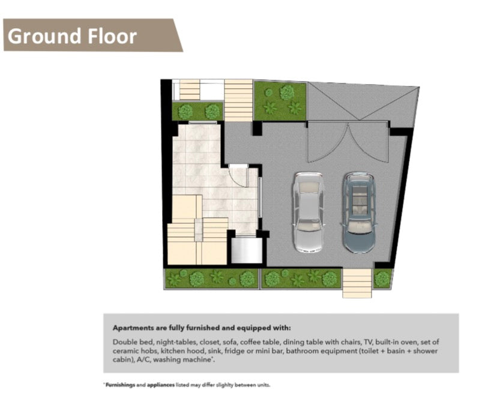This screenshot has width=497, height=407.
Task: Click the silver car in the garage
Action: pos(307,212)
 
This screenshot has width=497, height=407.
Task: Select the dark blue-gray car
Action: pos(358,212)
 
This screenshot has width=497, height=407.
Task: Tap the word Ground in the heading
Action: pos(44,35)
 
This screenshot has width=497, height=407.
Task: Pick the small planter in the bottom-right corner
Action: pos(383,278)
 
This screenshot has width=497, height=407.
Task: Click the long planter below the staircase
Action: pos(211,278)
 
